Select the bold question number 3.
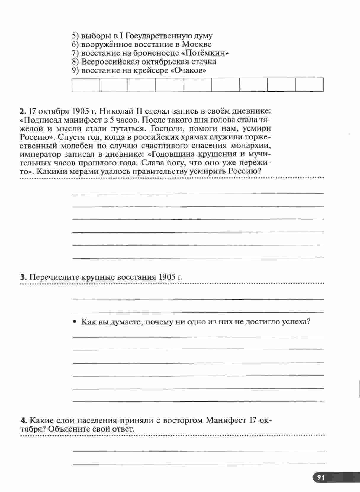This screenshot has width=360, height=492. (23, 277)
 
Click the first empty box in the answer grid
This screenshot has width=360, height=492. (86, 85)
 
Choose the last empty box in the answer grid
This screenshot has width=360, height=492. (309, 85)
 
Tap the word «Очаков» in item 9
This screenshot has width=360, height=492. (189, 70)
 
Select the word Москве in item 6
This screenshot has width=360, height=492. (197, 45)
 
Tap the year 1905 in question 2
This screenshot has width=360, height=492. (80, 112)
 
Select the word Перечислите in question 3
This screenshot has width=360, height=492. (50, 277)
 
